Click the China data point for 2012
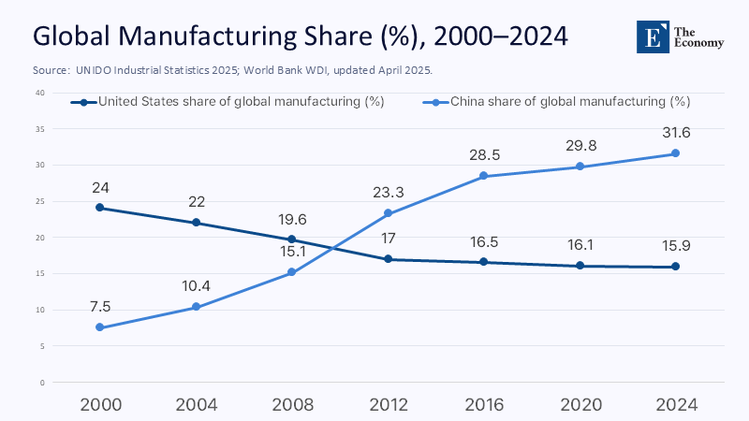pyautogui.click(x=388, y=213)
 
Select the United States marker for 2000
pyautogui.click(x=99, y=208)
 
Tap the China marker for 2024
pyautogui.click(x=675, y=153)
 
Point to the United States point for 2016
pyautogui.click(x=483, y=262)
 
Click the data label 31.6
pyautogui.click(x=675, y=133)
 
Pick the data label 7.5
pyautogui.click(x=99, y=307)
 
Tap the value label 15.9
pyautogui.click(x=675, y=246)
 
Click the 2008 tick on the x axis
pyautogui.click(x=291, y=404)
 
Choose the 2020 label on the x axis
pyautogui.click(x=580, y=404)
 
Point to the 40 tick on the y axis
pyautogui.click(x=40, y=93)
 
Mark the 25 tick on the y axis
pyautogui.click(x=40, y=201)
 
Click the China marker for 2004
pyautogui.click(x=196, y=307)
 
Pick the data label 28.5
pyautogui.click(x=483, y=154)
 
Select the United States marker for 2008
pyautogui.click(x=291, y=240)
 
